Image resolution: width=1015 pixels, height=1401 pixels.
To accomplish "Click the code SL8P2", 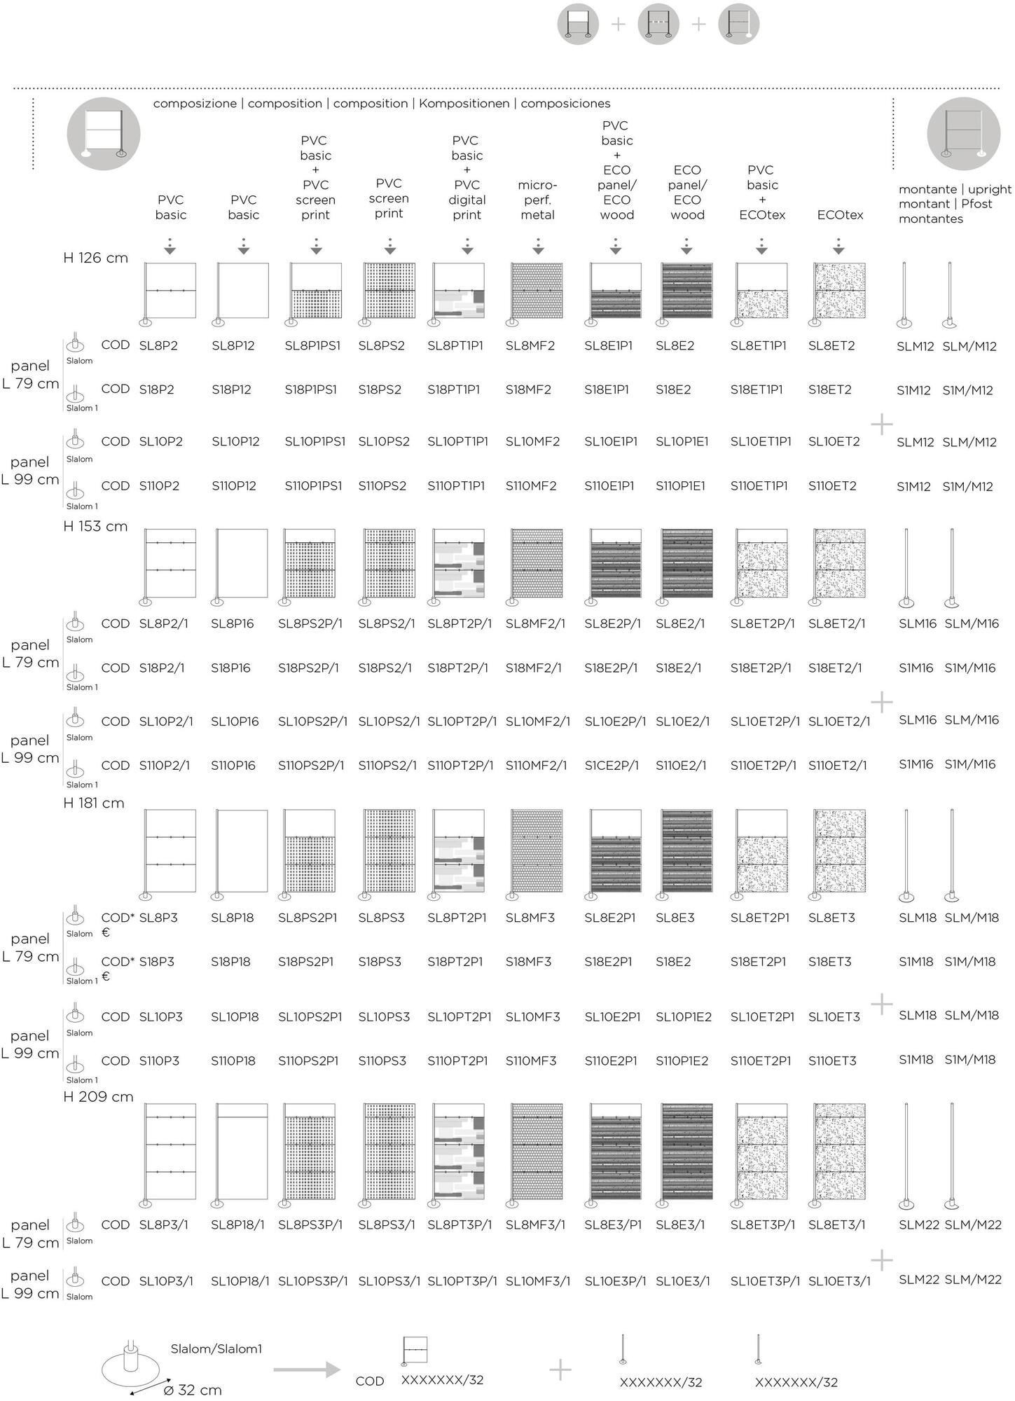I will pos(158,345).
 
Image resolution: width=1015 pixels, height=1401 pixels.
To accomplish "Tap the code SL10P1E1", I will pos(682,441).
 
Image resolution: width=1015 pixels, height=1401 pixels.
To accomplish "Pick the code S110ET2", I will pos(832,485).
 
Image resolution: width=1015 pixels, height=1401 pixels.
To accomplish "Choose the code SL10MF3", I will pos(532,1016).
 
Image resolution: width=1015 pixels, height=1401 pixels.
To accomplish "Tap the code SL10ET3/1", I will pos(839,1281).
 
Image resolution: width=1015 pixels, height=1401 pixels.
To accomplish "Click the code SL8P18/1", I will pos(237,1224).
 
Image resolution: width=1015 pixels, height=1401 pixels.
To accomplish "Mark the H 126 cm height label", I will pos(95,258).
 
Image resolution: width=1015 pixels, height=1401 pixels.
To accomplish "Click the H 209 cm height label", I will pos(98,1097).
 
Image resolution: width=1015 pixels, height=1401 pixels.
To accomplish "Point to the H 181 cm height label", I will pos(94,803).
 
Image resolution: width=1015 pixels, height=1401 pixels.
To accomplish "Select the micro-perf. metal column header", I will pos(537,200).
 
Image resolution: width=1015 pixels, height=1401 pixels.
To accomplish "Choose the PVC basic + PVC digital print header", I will pos(467,177).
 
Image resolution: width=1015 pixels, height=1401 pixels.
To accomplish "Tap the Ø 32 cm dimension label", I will pos(192,1390).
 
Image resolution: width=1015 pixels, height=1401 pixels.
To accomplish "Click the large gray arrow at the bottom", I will pos(306,1370).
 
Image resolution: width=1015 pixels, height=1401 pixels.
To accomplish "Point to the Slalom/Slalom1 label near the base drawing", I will pos(216,1349).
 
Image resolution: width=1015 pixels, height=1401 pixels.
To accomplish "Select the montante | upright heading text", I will pos(955,189).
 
